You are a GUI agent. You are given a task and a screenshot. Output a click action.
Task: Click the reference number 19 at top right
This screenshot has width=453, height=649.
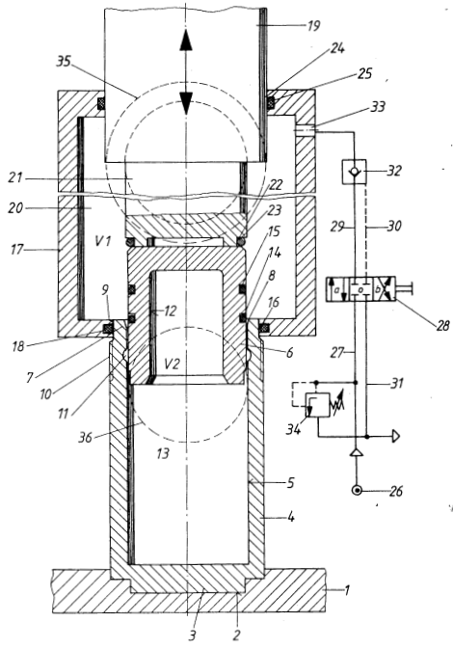(x=313, y=26)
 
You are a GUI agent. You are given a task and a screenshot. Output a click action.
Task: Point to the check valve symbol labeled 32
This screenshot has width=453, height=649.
(x=353, y=171)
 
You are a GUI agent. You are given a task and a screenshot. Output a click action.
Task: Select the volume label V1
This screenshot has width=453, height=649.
(x=102, y=240)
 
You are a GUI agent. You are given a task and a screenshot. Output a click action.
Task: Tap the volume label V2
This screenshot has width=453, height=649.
(x=172, y=365)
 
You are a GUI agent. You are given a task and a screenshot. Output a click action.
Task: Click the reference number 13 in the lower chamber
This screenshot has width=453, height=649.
(x=163, y=453)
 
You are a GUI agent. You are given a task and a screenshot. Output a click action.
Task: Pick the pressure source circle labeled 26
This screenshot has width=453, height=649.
(x=357, y=491)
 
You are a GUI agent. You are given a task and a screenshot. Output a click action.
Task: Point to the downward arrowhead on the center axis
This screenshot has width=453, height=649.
(x=187, y=102)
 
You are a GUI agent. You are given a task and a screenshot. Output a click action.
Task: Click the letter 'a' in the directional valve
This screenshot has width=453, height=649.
(x=336, y=290)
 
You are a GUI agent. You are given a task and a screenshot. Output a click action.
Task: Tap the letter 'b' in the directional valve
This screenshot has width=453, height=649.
(x=378, y=289)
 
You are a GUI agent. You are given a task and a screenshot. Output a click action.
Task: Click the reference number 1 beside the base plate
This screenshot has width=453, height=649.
(x=347, y=589)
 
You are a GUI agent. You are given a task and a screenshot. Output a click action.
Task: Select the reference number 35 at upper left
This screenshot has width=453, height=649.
(x=64, y=62)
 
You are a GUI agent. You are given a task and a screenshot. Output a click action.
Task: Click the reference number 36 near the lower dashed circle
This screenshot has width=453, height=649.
(x=85, y=437)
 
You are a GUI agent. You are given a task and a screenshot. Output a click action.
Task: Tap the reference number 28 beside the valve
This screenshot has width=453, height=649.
(x=442, y=326)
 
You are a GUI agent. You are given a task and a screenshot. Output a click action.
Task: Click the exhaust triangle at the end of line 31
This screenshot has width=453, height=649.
(x=396, y=436)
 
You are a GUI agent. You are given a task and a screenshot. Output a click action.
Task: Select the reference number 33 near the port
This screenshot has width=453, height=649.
(x=377, y=106)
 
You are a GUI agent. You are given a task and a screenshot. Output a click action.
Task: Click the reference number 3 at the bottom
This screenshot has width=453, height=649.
(x=193, y=635)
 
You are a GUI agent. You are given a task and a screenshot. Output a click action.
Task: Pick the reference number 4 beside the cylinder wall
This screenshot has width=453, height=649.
(x=291, y=517)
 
